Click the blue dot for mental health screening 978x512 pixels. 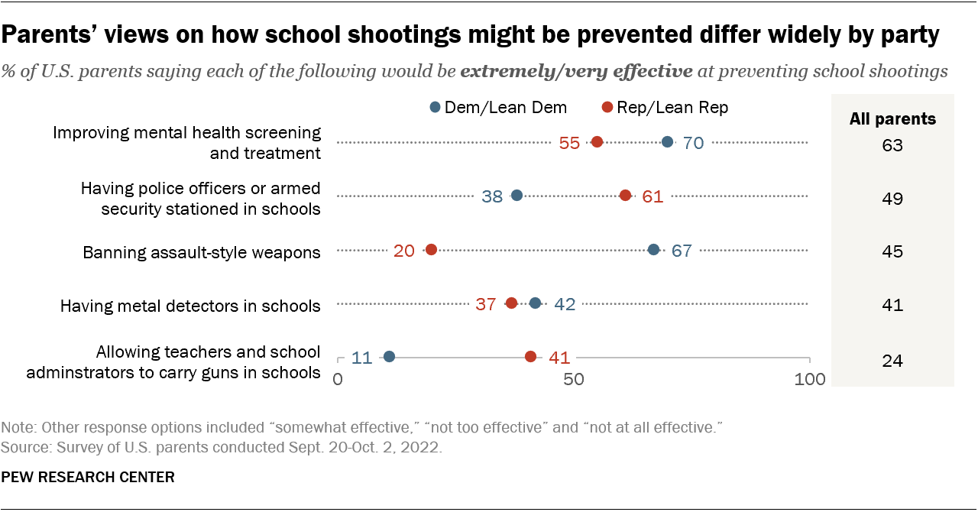668,142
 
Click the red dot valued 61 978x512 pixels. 625,196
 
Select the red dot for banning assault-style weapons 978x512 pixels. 431,250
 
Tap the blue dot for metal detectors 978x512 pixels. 536,303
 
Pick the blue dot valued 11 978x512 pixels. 389,357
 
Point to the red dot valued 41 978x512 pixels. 531,357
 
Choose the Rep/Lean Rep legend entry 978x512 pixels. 665,108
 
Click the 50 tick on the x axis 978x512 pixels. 574,379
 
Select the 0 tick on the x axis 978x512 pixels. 338,379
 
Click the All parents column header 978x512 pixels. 892,119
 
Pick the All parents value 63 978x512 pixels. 892,144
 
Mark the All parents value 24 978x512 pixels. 892,360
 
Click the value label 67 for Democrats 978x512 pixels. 682,251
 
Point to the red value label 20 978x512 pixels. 404,251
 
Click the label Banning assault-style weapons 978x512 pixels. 202,252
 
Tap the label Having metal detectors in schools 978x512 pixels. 190,306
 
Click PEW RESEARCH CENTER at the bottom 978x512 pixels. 88,478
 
